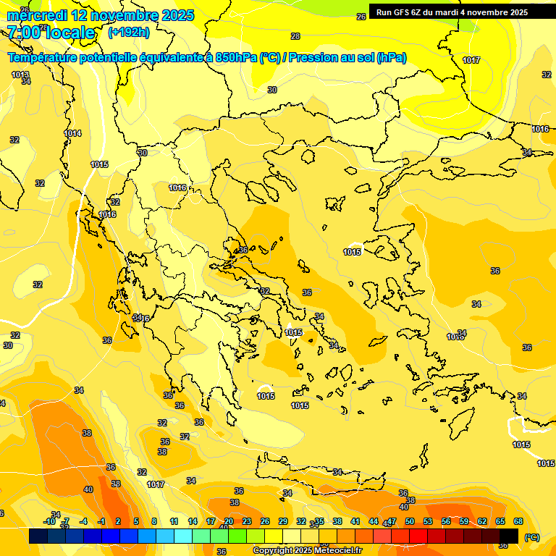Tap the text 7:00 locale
[x=51, y=33]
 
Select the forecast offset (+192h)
[x=129, y=33]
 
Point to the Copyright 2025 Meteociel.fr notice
[x=307, y=550]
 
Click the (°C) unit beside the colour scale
[x=531, y=537]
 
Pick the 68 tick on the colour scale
[x=518, y=521]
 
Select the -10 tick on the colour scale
[x=49, y=521]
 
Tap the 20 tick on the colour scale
[x=229, y=521]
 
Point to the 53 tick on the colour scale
[x=428, y=521]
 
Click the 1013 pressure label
[x=20, y=75]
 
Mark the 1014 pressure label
[x=72, y=133]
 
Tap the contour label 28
[x=295, y=36]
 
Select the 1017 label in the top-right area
[x=471, y=60]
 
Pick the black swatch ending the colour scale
[x=509, y=536]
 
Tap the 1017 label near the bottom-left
[x=156, y=484]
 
